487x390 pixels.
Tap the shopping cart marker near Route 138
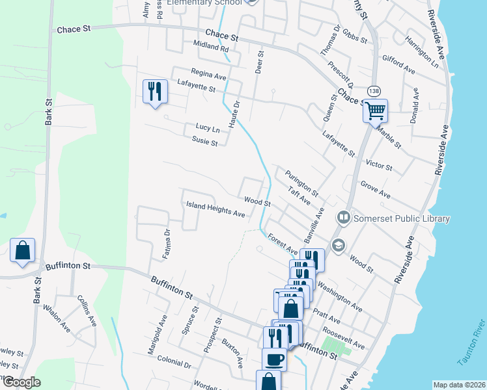375,110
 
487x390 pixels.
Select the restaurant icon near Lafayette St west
154,90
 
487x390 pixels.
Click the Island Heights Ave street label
216,209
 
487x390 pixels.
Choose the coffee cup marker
274,359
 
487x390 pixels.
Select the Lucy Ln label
208,128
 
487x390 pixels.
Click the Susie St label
204,140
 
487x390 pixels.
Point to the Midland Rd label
211,46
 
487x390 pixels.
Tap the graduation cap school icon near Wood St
338,245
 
